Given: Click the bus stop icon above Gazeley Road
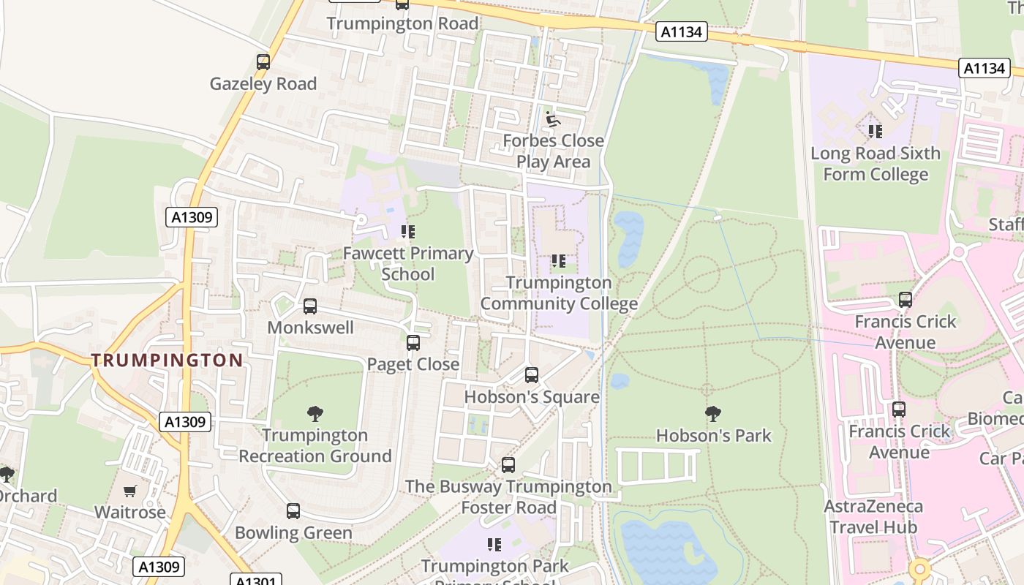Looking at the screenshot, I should pyautogui.click(x=263, y=62).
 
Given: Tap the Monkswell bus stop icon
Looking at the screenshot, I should pyautogui.click(x=310, y=306).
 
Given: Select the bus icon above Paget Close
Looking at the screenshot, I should pyautogui.click(x=413, y=342).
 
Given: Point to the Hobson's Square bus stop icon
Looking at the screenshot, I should pyautogui.click(x=532, y=375).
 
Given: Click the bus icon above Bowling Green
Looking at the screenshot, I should pyautogui.click(x=293, y=511).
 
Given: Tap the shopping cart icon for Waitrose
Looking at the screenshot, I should pyautogui.click(x=130, y=491).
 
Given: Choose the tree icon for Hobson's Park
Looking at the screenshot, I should pyautogui.click(x=712, y=414).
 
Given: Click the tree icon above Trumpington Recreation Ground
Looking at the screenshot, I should pyautogui.click(x=315, y=414).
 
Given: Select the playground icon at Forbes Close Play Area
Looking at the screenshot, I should pyautogui.click(x=553, y=118).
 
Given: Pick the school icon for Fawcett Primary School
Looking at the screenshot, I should pyautogui.click(x=408, y=232).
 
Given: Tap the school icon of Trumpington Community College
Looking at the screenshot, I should pyautogui.click(x=559, y=261).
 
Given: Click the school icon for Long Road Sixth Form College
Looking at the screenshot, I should pyautogui.click(x=875, y=132).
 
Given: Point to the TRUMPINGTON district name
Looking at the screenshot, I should pyautogui.click(x=167, y=360).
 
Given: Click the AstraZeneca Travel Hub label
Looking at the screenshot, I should pyautogui.click(x=873, y=516).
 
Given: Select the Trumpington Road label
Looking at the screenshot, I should pyautogui.click(x=402, y=23).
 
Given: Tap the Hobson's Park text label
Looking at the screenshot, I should pyautogui.click(x=713, y=436).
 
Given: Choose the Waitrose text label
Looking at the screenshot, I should pyautogui.click(x=130, y=512).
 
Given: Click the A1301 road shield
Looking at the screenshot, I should pyautogui.click(x=256, y=581).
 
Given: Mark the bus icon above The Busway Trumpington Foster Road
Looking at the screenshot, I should pyautogui.click(x=508, y=465).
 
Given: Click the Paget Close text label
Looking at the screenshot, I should pyautogui.click(x=413, y=364).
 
